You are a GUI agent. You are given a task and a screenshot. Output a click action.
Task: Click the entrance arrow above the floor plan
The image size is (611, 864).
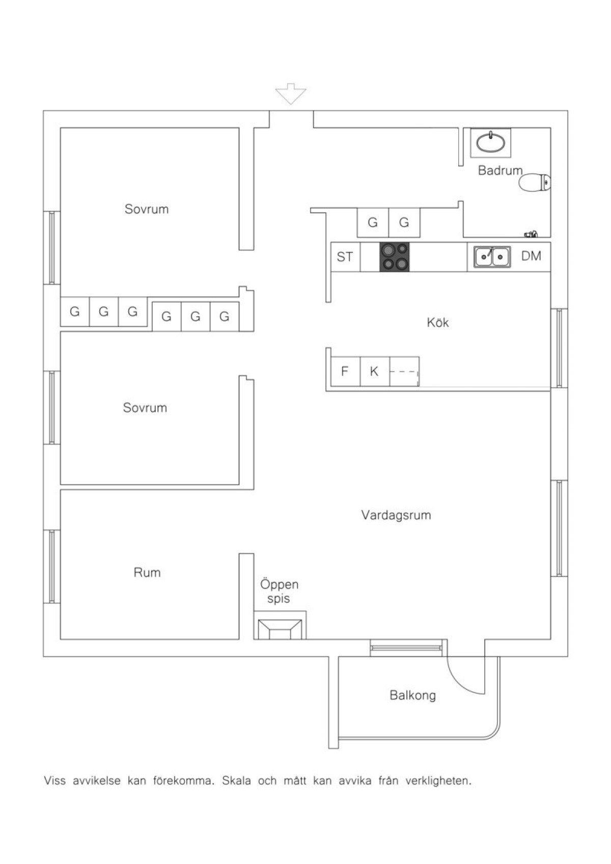[x=290, y=93]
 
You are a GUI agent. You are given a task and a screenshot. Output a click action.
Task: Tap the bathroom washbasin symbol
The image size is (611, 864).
[x=490, y=142]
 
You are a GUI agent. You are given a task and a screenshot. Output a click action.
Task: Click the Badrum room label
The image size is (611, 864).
[x=500, y=170]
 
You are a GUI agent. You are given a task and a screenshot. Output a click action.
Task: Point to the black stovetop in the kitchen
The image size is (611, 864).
[x=394, y=257]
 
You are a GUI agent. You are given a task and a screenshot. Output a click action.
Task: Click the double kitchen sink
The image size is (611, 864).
[x=491, y=257]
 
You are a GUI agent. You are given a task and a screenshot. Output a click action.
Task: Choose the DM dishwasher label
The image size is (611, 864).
[x=531, y=256]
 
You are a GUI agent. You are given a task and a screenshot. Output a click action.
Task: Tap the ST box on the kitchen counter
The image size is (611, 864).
[x=345, y=257]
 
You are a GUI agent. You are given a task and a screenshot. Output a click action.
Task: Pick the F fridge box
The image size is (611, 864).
[x=346, y=372]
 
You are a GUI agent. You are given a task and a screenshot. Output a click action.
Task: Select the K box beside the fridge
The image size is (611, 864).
[x=375, y=372]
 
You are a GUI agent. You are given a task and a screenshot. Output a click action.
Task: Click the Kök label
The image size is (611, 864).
[x=438, y=322]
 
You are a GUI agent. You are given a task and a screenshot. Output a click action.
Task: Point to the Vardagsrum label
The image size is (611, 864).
[x=396, y=515]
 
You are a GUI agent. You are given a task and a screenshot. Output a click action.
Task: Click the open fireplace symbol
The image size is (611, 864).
[x=280, y=629]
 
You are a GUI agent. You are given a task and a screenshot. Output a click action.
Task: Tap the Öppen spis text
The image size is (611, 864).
[x=279, y=591]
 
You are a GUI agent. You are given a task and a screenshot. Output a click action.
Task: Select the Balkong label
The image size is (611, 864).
[x=413, y=695]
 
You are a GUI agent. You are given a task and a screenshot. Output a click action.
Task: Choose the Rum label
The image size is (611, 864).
[x=147, y=572]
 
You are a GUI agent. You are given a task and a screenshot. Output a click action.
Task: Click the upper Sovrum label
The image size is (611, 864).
[x=147, y=209]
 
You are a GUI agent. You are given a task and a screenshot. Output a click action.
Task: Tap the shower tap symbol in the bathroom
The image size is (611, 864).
[x=531, y=234]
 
